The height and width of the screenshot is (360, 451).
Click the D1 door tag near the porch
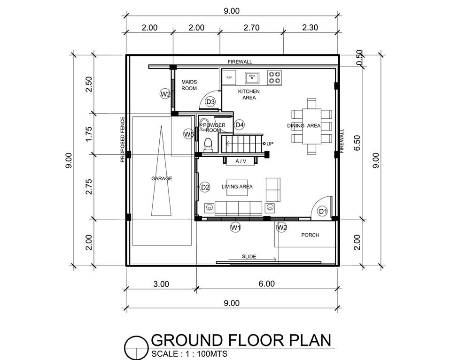pyautogui.click(x=323, y=212)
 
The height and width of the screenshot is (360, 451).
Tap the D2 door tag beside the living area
pyautogui.click(x=205, y=188)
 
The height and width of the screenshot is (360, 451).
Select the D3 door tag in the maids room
pyautogui.click(x=210, y=102)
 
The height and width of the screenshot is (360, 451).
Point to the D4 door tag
pyautogui.click(x=239, y=125)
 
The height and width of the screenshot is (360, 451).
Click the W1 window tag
pyautogui.click(x=235, y=228)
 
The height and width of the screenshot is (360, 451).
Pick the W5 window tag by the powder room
pyautogui.click(x=189, y=134)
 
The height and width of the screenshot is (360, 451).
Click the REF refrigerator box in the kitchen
pyautogui.click(x=229, y=77)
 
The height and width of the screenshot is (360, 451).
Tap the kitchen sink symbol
pyautogui.click(x=252, y=77)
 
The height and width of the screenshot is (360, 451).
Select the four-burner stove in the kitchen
pyautogui.click(x=274, y=77)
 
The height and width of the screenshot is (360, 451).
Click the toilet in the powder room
pyautogui.click(x=208, y=144)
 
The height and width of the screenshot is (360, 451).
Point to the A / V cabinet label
pyautogui.click(x=241, y=161)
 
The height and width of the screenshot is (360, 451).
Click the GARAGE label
pyautogui.click(x=162, y=178)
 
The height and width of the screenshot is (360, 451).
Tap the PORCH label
pyautogui.click(x=310, y=235)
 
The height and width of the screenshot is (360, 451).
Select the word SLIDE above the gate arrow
pyautogui.click(x=249, y=257)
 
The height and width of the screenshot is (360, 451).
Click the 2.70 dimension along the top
pyautogui.click(x=251, y=28)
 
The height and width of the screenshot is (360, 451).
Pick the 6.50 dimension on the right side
pyautogui.click(x=357, y=143)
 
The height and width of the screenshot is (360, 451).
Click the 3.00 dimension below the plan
pyautogui.click(x=161, y=284)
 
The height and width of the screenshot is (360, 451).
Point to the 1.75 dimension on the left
pyautogui.click(x=89, y=134)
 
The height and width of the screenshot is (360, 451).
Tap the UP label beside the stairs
pyautogui.click(x=270, y=144)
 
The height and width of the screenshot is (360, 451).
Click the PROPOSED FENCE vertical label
pyautogui.click(x=123, y=139)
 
